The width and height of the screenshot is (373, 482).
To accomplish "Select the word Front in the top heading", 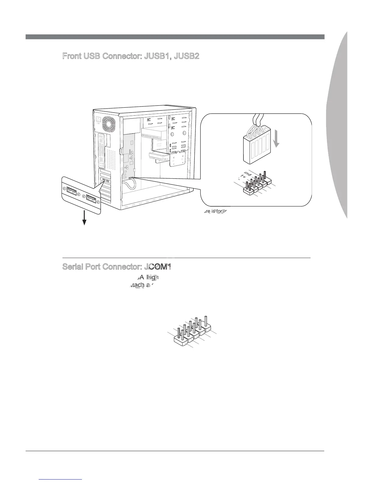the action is click(x=72, y=56).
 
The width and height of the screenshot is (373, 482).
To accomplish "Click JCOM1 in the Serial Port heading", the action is click(x=157, y=267).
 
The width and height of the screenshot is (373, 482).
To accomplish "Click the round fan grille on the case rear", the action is click(x=109, y=122).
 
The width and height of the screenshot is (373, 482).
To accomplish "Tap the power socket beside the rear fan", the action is click(x=98, y=120).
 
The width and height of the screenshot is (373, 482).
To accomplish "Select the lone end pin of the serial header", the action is click(x=207, y=323).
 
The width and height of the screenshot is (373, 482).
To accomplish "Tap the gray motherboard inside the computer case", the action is click(x=129, y=152).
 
